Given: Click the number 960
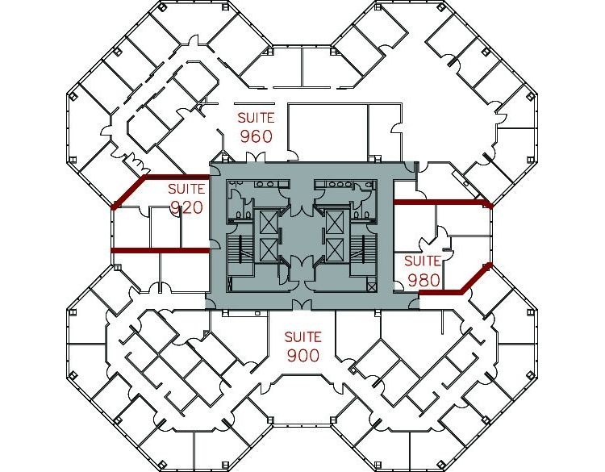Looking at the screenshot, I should tap(255, 136).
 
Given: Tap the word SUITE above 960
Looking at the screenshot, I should tap(255, 118).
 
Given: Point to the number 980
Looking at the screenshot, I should tap(422, 280).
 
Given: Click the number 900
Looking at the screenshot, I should tap(302, 355).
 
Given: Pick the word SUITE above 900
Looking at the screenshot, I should tap(302, 336).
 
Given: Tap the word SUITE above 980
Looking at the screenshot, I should tap(422, 261).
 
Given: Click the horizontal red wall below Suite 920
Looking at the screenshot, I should tap(160, 250).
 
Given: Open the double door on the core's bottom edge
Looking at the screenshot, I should tap(302, 303).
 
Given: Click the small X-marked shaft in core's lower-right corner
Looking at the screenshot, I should tap(372, 286).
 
